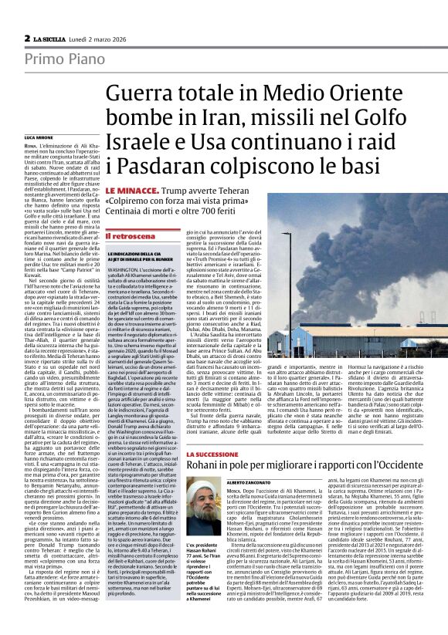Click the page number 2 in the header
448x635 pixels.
[27, 38]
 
